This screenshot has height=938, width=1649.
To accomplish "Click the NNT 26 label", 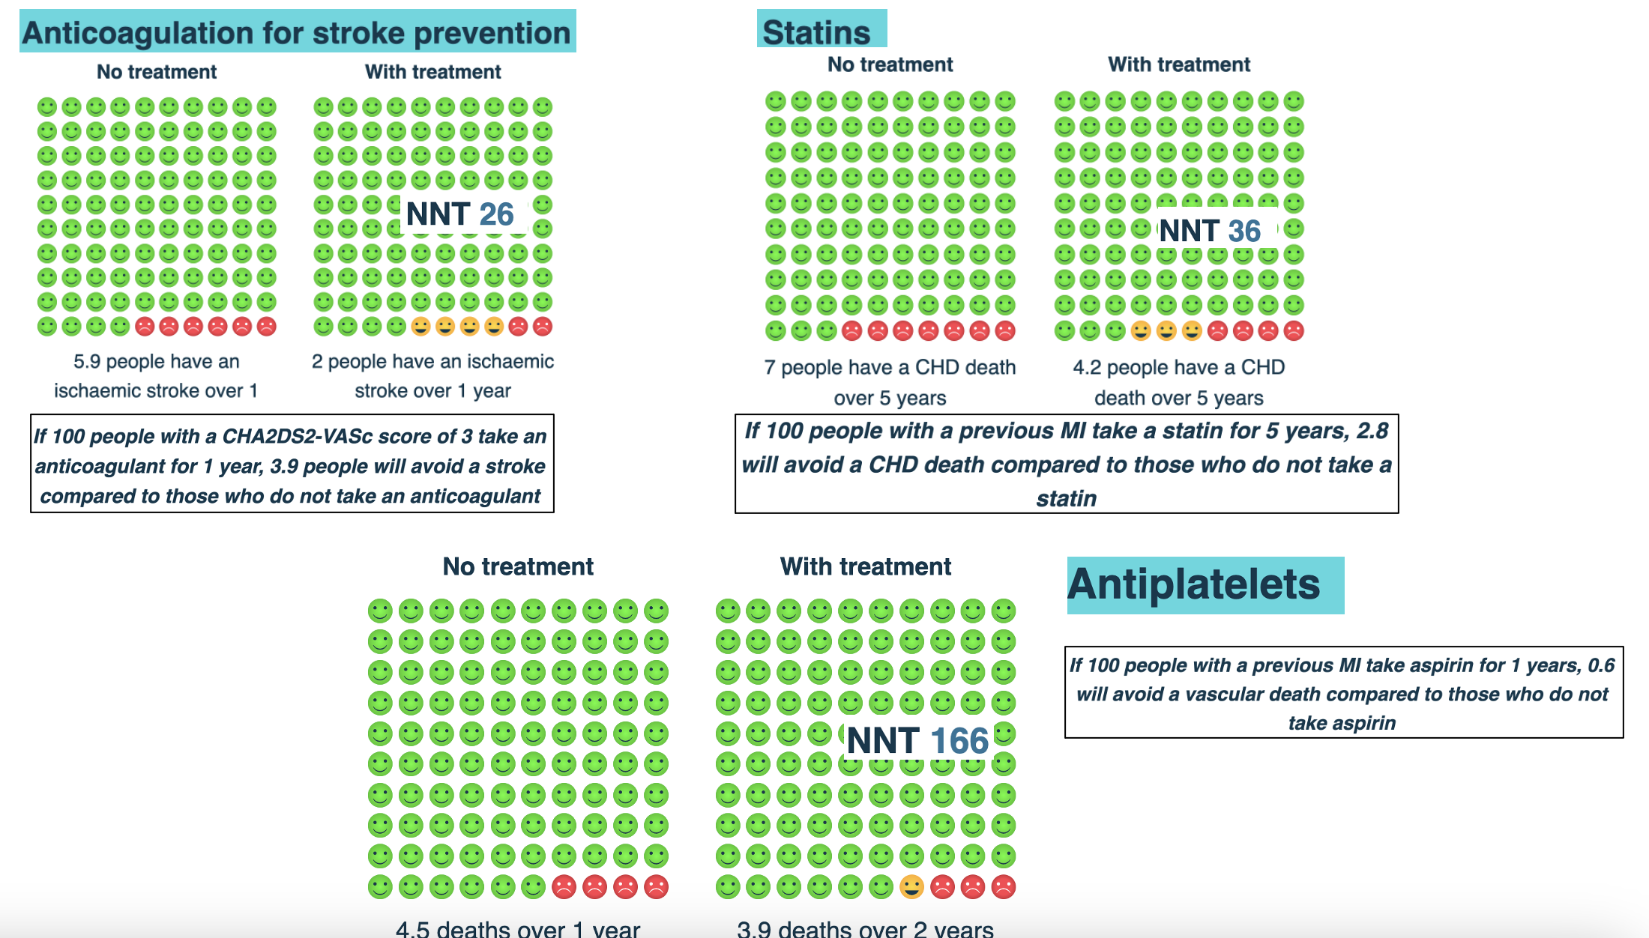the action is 459,215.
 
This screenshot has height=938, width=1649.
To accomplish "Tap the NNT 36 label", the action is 1210,231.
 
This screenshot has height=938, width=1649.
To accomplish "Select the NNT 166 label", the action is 917,741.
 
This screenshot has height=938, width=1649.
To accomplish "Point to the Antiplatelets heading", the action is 1193,584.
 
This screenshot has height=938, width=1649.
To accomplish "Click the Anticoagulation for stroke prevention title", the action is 297,33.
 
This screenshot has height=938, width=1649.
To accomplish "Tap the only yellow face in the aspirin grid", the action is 911,887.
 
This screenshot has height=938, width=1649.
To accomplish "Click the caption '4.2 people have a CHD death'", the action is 1179,382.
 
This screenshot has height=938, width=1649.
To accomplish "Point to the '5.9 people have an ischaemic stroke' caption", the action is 156,375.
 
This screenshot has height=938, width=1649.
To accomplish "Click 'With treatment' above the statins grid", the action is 1179,64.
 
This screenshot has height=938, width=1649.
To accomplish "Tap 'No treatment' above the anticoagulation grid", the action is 157,72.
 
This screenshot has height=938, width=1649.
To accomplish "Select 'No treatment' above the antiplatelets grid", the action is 518,566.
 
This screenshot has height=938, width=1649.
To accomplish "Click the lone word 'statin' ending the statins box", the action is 1067,498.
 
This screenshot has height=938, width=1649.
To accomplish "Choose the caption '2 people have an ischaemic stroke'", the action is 432,375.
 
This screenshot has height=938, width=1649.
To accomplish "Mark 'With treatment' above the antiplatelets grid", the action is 866,566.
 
